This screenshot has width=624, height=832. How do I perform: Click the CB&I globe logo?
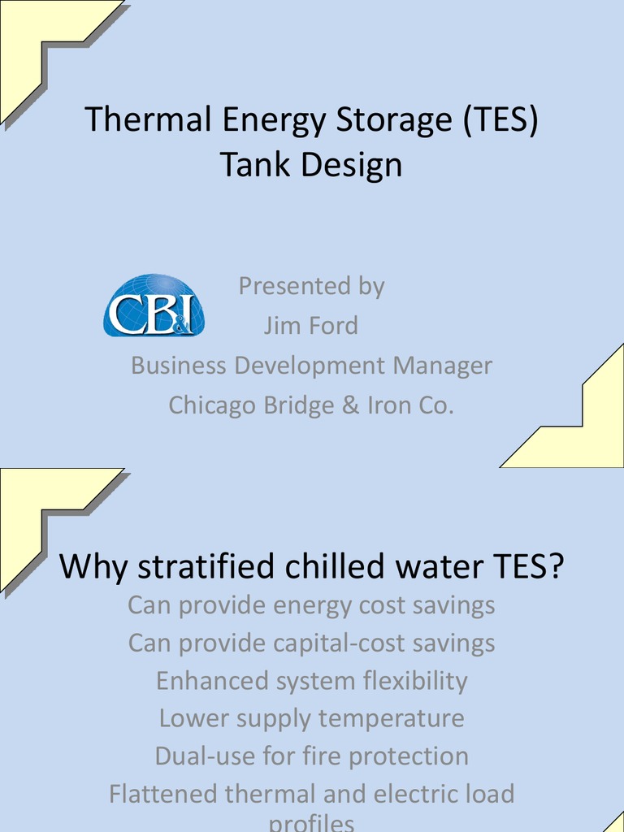point(154,305)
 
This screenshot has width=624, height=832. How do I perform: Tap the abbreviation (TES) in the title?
point(500,120)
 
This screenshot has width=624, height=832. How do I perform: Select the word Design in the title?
point(353,165)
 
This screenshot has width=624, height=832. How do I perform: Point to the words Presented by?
point(311,286)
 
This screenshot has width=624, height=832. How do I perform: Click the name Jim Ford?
point(310,326)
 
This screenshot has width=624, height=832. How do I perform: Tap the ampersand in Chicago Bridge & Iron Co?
point(351,405)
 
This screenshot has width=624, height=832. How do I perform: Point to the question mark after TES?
point(555,567)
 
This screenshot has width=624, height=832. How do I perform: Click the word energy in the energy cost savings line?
point(315,605)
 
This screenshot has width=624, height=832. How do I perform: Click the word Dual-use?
point(205,756)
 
